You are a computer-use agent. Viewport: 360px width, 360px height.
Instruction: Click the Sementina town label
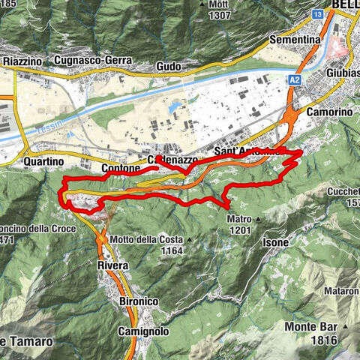pos(297,37)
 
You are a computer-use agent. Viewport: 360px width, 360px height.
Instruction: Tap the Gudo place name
pos(168,67)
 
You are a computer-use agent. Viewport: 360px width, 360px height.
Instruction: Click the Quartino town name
pos(42,160)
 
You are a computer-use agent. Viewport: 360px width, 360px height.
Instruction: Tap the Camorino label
pos(324,111)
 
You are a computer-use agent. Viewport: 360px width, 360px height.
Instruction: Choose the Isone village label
pos(274,242)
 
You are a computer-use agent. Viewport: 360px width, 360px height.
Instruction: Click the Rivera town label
pos(112,265)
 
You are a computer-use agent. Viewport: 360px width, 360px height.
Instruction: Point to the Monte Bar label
pos(310,326)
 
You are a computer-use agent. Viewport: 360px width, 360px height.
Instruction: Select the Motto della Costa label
pos(144,238)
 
